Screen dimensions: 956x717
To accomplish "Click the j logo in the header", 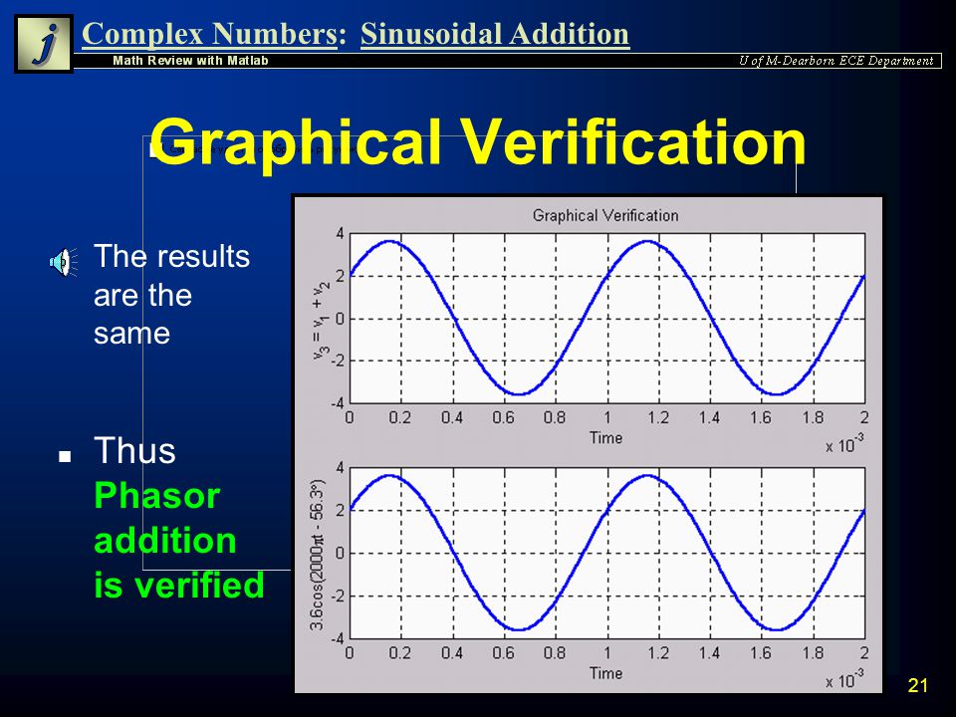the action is point(43,43).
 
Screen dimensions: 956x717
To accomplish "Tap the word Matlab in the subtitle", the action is point(248,61).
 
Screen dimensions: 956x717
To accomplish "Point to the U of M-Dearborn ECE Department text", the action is point(836,61).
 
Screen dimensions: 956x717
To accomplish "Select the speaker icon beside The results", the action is point(63,262).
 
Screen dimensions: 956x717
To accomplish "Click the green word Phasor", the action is point(156,496).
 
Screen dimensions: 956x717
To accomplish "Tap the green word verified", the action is point(199,585).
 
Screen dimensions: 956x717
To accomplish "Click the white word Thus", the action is point(134,450).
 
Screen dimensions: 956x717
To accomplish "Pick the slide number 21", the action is point(917,685).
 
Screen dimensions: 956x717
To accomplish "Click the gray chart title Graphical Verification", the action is point(605,215).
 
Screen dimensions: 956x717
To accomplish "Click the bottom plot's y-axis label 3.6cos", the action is point(318,555).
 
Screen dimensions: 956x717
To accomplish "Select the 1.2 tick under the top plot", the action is point(658,417).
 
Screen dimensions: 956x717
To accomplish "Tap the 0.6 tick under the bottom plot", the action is point(504,653).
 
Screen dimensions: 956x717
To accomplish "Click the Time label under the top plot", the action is point(605,438).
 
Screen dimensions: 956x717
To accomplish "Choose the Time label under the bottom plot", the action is point(605,673).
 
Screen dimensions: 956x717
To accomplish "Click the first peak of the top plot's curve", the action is point(390,241).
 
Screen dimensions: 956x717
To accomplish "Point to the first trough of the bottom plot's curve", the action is point(518,629).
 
